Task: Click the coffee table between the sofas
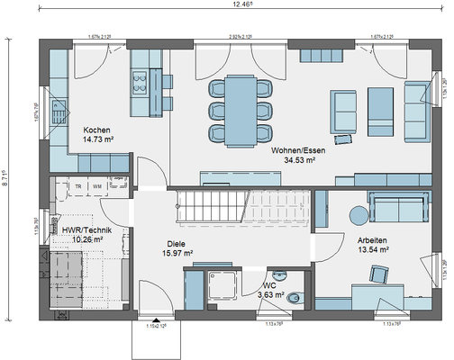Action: pos(377,105)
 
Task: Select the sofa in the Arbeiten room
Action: pos(397,207)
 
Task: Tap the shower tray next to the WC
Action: pos(220,286)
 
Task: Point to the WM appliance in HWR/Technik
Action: pos(96,186)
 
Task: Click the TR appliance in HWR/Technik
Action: pos(78,186)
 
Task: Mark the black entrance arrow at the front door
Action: pos(158,320)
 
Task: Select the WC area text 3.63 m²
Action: pos(272,294)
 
